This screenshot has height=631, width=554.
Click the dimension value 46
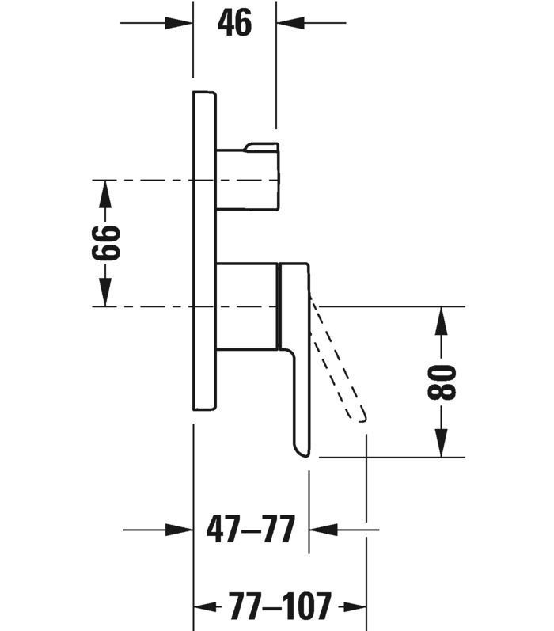(234, 23)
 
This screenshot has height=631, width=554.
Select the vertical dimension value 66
(106, 242)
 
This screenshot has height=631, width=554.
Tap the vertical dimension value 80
(442, 382)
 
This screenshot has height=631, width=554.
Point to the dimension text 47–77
(251, 529)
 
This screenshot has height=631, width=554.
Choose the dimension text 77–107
(280, 606)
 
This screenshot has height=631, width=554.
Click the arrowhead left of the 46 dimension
(179, 23)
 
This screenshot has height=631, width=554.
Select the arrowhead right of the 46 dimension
(290, 23)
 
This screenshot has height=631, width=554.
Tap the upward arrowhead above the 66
(105, 194)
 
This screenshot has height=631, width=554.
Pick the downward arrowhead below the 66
(105, 293)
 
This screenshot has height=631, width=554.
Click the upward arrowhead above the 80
(442, 321)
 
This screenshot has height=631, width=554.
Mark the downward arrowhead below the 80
(442, 443)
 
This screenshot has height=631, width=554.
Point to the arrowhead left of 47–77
(180, 530)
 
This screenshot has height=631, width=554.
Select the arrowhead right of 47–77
(323, 530)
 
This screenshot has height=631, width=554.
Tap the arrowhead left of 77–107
(207, 606)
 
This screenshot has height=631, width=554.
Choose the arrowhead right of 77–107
(352, 606)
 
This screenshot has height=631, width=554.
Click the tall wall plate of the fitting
(204, 251)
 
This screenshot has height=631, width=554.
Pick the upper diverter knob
(248, 177)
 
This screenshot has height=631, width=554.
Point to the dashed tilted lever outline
(338, 358)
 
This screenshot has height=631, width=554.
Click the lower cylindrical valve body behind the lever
(247, 306)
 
